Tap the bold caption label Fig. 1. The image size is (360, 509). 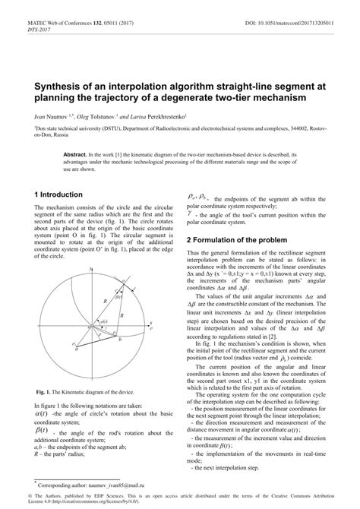(44, 393)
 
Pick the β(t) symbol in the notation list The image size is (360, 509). (41, 432)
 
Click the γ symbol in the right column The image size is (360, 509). (190, 213)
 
